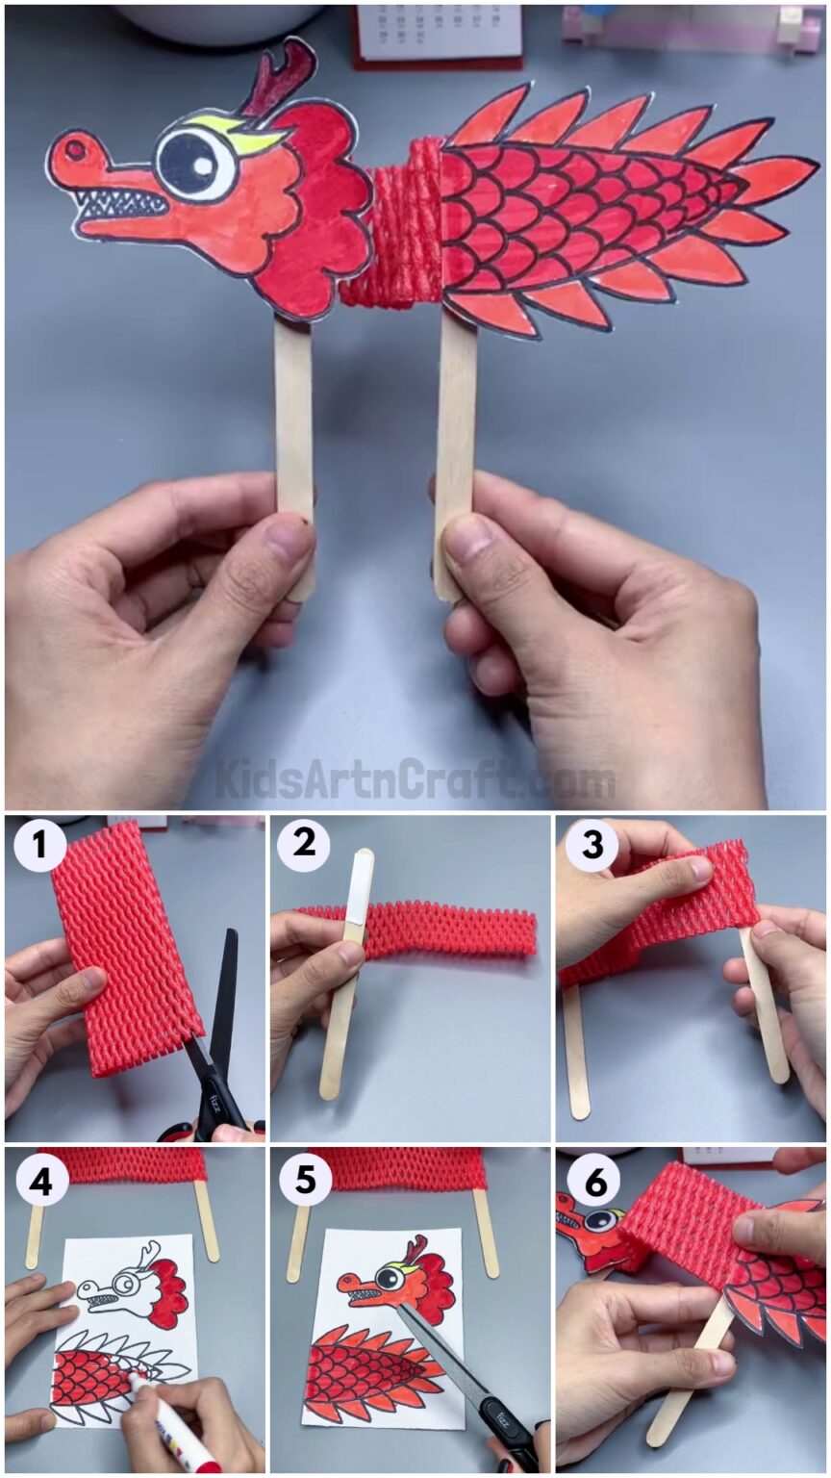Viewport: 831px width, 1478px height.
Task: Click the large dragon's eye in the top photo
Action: pyautogui.click(x=195, y=162)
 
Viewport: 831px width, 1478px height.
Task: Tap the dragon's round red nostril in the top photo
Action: pyautogui.click(x=73, y=149)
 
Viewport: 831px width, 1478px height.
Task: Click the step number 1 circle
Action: pyautogui.click(x=39, y=846)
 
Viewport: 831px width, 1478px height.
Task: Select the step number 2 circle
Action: pyautogui.click(x=303, y=846)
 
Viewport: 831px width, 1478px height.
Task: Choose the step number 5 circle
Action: pyautogui.click(x=305, y=1180)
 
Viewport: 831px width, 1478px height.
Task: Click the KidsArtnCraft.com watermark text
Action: pyautogui.click(x=415, y=779)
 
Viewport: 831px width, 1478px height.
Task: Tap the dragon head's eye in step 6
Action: pyautogui.click(x=600, y=1220)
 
